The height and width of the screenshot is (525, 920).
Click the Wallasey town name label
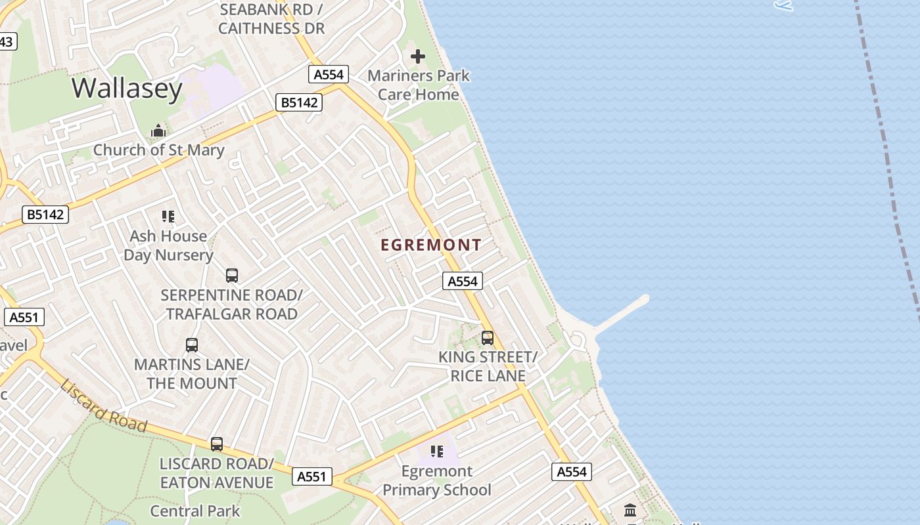tap(127, 88)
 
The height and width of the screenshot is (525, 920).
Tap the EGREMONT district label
tap(431, 245)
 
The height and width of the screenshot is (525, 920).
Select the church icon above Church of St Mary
tap(158, 131)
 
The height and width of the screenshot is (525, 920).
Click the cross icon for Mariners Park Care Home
tap(418, 56)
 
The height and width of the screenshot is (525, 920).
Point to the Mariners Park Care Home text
tap(419, 85)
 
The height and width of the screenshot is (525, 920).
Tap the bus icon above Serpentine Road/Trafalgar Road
tap(231, 276)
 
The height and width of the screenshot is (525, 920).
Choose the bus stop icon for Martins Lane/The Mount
tap(192, 345)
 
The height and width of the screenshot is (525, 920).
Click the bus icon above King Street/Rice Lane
tap(488, 338)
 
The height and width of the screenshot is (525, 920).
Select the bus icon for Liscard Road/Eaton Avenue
tap(217, 444)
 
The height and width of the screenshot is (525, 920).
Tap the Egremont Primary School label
tap(437, 480)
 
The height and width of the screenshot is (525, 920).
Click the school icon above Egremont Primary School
tap(437, 451)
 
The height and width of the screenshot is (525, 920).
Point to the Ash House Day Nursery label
tap(168, 245)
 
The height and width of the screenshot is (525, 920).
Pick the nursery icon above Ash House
tap(168, 217)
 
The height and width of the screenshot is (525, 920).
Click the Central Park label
tap(195, 511)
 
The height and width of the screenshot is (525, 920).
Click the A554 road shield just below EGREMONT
tap(462, 282)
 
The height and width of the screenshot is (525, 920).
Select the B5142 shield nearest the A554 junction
tap(299, 102)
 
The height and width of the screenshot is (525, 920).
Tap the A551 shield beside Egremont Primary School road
tap(311, 476)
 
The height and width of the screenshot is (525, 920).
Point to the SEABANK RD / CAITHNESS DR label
tap(271, 19)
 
